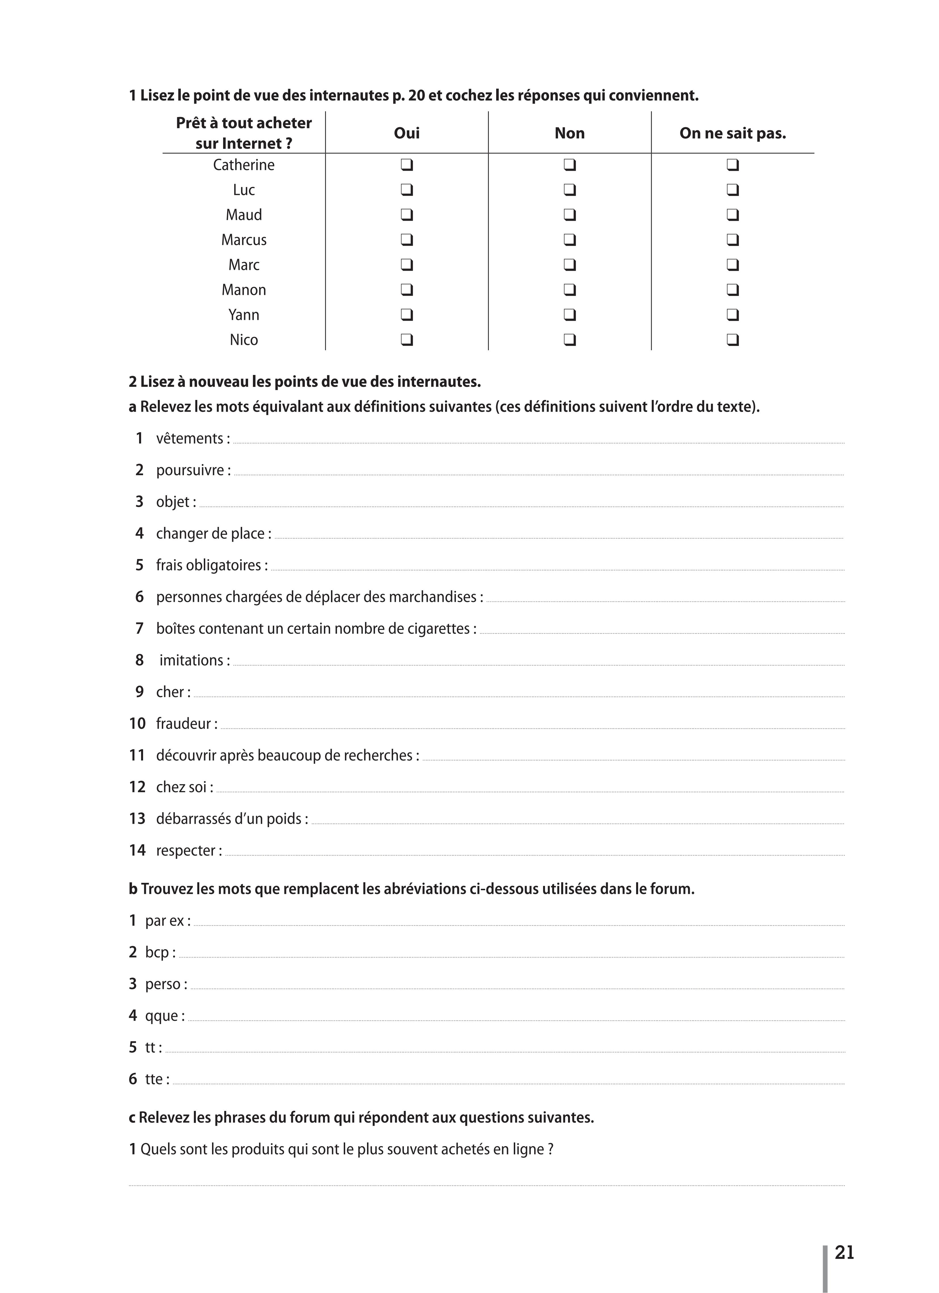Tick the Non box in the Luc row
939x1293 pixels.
click(570, 190)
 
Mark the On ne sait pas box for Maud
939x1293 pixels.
click(733, 215)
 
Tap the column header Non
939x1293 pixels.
click(570, 134)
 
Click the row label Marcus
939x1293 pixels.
click(244, 240)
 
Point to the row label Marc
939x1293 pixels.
click(244, 265)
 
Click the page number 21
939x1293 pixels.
click(844, 1252)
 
